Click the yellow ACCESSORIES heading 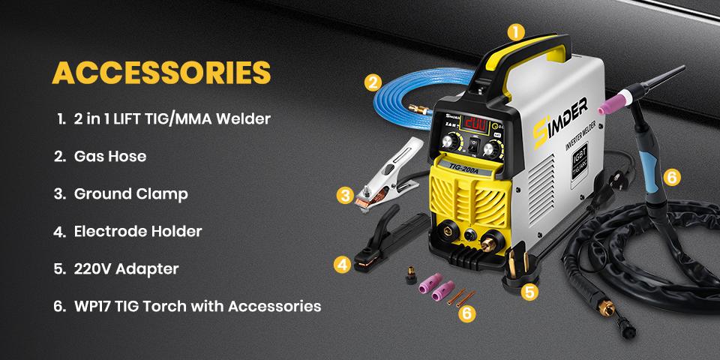(160, 73)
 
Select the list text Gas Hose (110, 156)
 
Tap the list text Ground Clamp (130, 193)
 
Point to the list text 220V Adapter (126, 268)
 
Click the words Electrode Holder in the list (138, 231)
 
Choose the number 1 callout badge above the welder (514, 32)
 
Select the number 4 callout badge (342, 264)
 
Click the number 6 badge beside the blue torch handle (672, 177)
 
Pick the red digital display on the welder (476, 124)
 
